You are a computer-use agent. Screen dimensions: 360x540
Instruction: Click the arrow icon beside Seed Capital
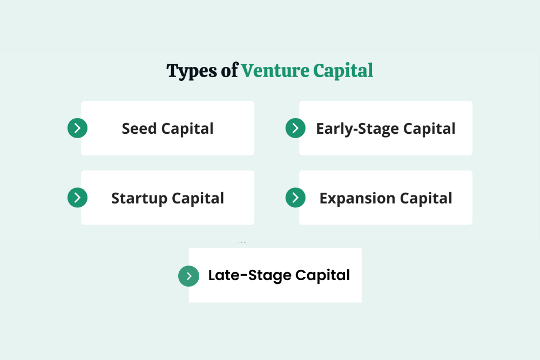click(77, 128)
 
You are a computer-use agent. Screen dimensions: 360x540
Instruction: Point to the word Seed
click(139, 128)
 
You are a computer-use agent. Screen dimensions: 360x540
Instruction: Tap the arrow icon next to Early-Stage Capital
click(295, 128)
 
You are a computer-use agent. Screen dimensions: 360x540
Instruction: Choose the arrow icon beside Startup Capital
click(77, 198)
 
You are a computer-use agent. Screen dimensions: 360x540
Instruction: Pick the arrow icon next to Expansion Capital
click(295, 198)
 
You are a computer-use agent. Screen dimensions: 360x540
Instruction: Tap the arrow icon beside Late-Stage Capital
click(188, 276)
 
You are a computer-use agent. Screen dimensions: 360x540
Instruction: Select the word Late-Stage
click(249, 275)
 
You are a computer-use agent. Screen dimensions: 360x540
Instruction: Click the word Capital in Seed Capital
click(187, 128)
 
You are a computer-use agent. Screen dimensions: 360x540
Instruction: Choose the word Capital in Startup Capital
click(198, 198)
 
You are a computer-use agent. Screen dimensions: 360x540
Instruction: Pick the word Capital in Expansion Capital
click(426, 198)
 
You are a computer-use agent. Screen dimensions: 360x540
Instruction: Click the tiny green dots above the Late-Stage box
click(242, 242)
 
